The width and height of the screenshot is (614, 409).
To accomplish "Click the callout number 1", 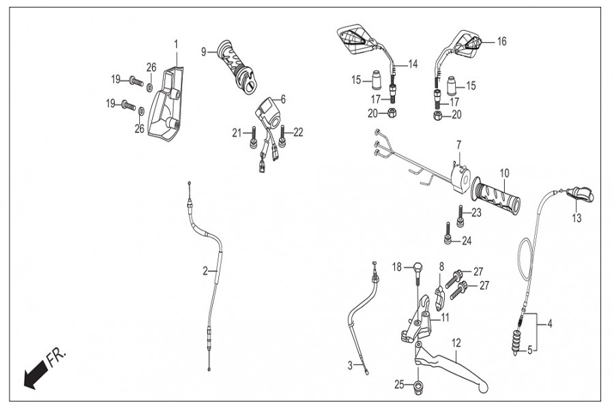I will [x=176, y=44].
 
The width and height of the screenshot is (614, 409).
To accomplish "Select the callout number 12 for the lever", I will [x=456, y=342].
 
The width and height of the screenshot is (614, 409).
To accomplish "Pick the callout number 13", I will [x=577, y=218].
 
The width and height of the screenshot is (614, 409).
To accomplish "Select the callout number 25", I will [x=398, y=385].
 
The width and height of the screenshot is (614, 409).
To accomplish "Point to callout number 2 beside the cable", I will [x=205, y=271].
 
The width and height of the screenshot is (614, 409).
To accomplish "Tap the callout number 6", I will [x=282, y=100].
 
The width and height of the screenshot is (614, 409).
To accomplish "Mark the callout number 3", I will [x=351, y=365].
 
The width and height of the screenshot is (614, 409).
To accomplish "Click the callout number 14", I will [x=413, y=65].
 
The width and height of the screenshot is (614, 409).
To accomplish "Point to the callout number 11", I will [x=445, y=317].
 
